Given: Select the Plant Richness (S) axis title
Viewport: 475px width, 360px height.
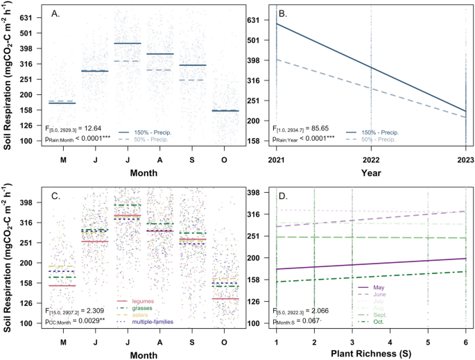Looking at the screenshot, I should (x=370, y=354).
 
